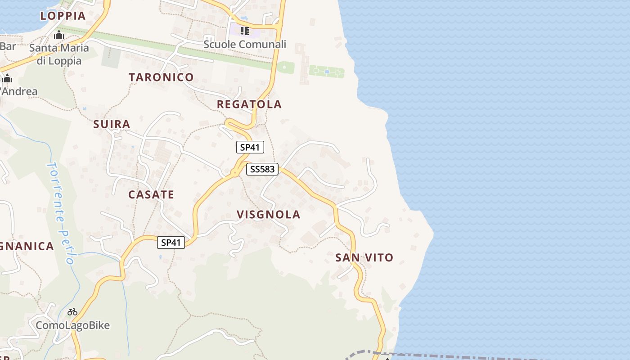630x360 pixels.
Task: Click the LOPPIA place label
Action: click(x=63, y=16)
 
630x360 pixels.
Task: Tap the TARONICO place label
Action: click(x=161, y=77)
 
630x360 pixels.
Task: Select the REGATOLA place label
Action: click(x=249, y=104)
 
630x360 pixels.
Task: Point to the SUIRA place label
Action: click(x=112, y=124)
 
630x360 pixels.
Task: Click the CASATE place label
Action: click(x=151, y=195)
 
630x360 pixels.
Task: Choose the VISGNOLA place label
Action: click(x=268, y=215)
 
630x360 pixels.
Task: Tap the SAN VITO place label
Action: click(x=364, y=258)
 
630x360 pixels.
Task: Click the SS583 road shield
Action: click(x=263, y=169)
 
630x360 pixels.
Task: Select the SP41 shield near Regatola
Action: click(x=250, y=147)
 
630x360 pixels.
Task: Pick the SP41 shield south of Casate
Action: click(x=171, y=243)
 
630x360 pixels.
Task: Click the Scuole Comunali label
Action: click(x=245, y=45)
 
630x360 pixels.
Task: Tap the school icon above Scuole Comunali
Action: click(x=244, y=31)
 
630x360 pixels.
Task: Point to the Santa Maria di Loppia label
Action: click(x=59, y=54)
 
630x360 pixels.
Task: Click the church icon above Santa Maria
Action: click(x=59, y=35)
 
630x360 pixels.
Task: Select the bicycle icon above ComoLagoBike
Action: click(x=72, y=311)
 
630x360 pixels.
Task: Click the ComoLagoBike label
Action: click(x=72, y=325)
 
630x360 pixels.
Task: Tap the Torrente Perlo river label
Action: click(x=61, y=211)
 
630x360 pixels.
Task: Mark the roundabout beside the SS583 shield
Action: click(x=234, y=172)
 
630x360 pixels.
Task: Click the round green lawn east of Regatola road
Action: click(x=285, y=68)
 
